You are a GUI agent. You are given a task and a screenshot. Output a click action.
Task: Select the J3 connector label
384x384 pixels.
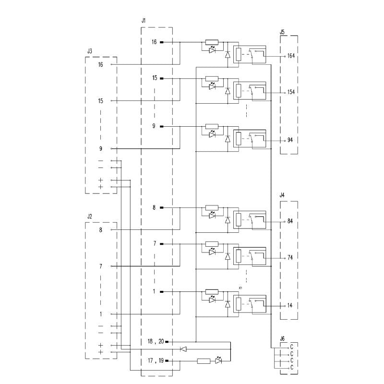point(90,50)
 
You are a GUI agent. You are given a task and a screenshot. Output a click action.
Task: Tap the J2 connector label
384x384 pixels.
point(90,216)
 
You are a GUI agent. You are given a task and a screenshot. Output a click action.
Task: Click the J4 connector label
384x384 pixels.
point(282,195)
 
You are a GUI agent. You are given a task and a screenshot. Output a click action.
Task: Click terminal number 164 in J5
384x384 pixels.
point(291,56)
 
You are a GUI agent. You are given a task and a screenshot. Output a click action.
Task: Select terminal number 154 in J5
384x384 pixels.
point(291,92)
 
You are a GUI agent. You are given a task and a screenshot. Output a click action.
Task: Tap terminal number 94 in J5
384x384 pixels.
point(290,140)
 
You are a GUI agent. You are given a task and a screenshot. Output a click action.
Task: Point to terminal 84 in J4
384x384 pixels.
point(290,222)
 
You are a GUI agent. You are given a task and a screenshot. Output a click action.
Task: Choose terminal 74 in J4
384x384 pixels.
point(290,257)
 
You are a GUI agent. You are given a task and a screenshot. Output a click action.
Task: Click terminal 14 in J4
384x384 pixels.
point(290,305)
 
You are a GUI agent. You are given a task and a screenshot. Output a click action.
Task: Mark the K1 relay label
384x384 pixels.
point(240,288)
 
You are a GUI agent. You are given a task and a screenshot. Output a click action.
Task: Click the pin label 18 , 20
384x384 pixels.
point(156,341)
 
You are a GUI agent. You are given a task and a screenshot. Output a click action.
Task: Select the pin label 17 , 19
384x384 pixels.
point(156,361)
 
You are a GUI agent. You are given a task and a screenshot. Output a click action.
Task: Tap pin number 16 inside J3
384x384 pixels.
point(100,64)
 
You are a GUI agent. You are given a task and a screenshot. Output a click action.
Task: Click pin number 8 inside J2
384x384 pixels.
point(101,230)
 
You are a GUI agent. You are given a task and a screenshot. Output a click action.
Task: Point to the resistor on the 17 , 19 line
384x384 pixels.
point(204,361)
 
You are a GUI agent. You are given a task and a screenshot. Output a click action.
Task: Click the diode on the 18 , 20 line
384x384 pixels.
point(183,349)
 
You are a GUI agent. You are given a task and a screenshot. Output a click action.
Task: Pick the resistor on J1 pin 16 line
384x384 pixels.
point(212,42)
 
